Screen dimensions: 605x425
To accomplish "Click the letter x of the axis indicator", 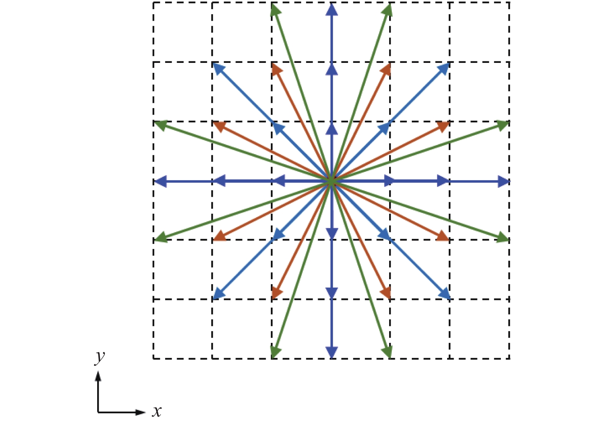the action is coord(156,411).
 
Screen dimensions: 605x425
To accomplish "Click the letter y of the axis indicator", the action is coord(100,357).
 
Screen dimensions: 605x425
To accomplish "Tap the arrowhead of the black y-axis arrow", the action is coord(98,376).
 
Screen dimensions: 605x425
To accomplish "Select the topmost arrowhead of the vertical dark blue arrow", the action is coord(332,9).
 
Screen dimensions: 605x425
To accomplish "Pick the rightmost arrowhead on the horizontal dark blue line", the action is coord(503,181).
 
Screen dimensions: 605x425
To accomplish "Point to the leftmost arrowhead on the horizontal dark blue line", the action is coord(160,181).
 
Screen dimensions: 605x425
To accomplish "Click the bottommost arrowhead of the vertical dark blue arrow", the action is coord(332,352).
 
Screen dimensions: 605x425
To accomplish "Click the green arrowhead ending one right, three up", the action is coord(388,10).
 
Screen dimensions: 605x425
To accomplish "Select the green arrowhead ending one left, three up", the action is coord(275,10).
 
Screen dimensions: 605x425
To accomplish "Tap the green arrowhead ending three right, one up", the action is coord(502,125).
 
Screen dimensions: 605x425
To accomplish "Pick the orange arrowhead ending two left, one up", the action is coord(219,125).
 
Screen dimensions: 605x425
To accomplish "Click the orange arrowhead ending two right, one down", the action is coord(443,236).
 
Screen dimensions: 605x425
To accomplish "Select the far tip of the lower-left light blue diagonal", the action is coord(219,294).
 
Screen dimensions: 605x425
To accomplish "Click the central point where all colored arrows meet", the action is coord(331,181).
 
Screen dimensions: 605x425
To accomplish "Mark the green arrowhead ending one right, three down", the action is coord(388,352).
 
